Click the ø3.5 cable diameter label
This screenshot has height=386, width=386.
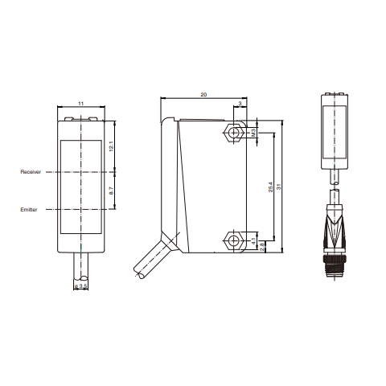click(80, 285)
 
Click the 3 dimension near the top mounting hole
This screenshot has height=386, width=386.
click(241, 105)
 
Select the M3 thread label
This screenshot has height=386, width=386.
click(254, 131)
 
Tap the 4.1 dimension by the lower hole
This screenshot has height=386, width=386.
click(254, 240)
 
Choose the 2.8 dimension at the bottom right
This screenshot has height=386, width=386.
click(263, 247)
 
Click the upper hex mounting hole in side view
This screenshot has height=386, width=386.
click(234, 131)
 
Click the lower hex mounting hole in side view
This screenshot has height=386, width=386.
click(234, 240)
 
